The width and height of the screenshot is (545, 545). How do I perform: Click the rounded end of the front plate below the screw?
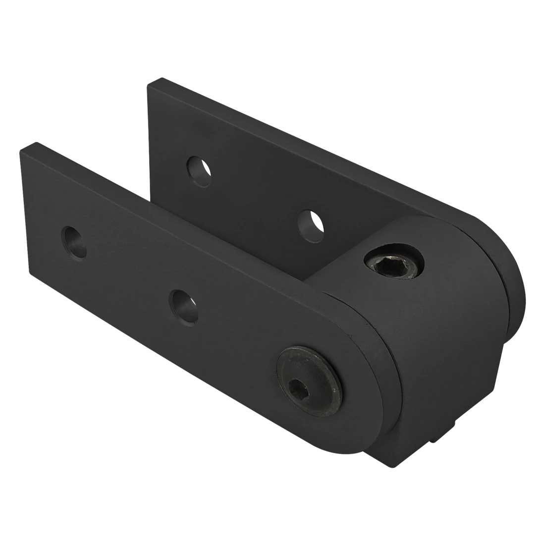347,436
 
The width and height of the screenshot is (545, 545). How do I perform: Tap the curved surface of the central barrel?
446,347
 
